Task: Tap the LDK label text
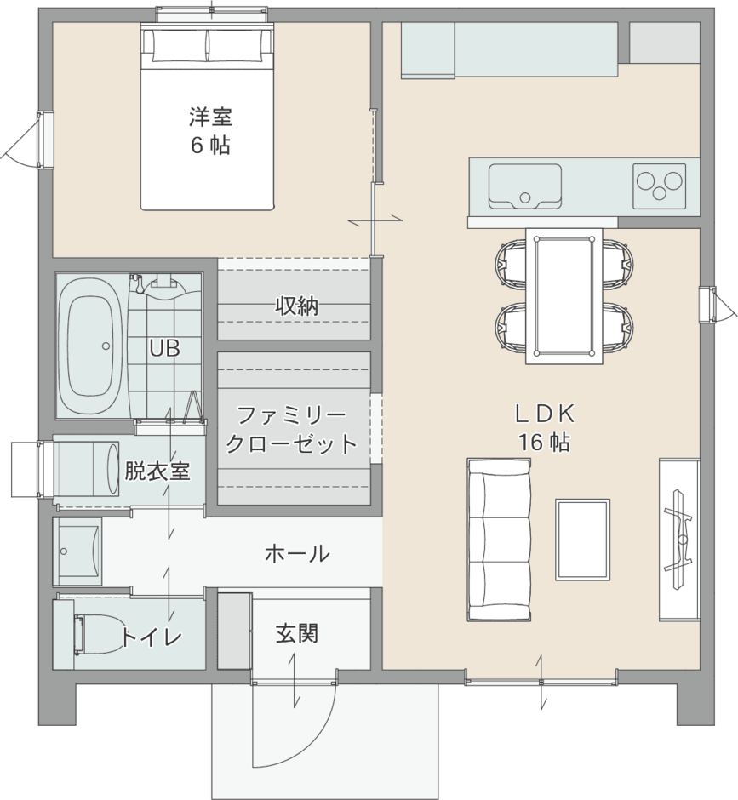[x=545, y=414]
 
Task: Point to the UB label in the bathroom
[x=163, y=348]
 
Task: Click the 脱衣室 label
[x=157, y=471]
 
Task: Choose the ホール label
[x=297, y=554]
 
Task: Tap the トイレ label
[x=152, y=636]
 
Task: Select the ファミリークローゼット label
[x=291, y=430]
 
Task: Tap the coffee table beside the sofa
[x=582, y=539]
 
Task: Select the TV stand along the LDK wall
[x=679, y=538]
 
